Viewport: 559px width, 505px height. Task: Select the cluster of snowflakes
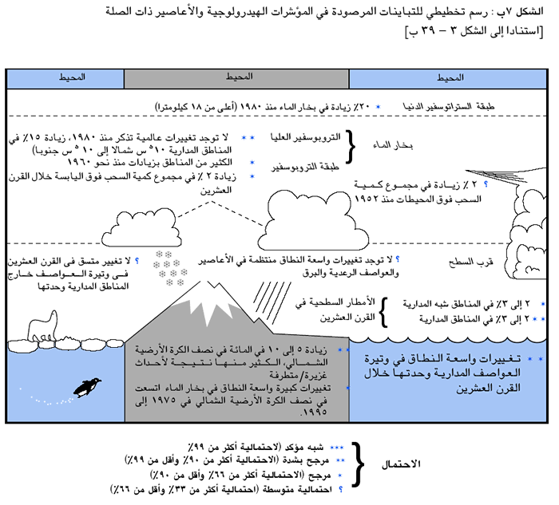coord(170,268)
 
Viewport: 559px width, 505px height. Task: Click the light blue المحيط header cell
coord(451,77)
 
